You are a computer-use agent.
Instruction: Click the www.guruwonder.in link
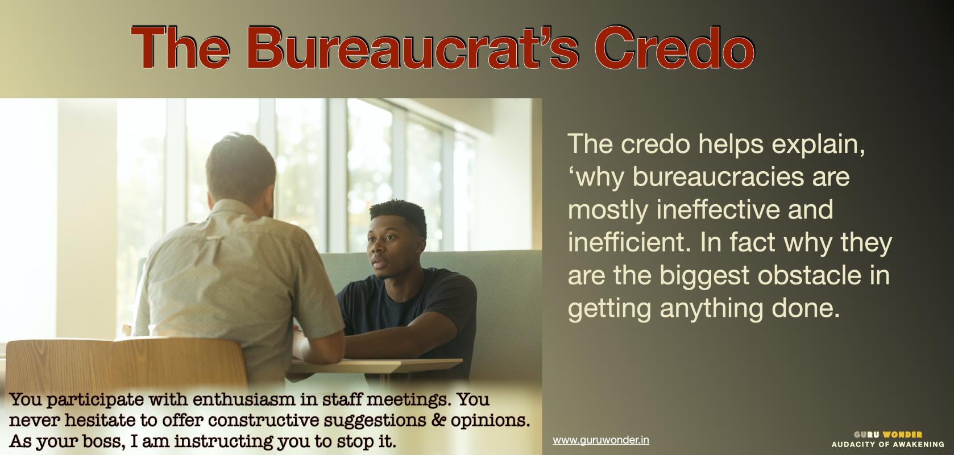point(601,440)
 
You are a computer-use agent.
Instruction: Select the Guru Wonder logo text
point(888,435)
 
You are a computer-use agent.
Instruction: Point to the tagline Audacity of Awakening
point(888,444)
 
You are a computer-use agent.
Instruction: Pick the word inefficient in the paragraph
point(629,242)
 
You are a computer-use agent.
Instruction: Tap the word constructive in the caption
point(264,420)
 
